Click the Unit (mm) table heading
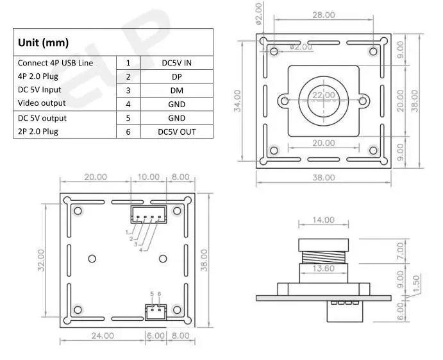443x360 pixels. pyautogui.click(x=43, y=43)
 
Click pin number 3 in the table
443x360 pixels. pyautogui.click(x=128, y=90)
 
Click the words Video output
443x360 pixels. pyautogui.click(x=42, y=103)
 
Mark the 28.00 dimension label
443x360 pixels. pyautogui.click(x=323, y=15)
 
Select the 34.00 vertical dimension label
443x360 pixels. pyautogui.click(x=238, y=100)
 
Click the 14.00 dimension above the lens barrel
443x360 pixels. pyautogui.click(x=323, y=220)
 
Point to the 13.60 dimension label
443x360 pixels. pyautogui.click(x=323, y=269)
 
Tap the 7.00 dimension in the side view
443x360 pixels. pyautogui.click(x=401, y=248)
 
